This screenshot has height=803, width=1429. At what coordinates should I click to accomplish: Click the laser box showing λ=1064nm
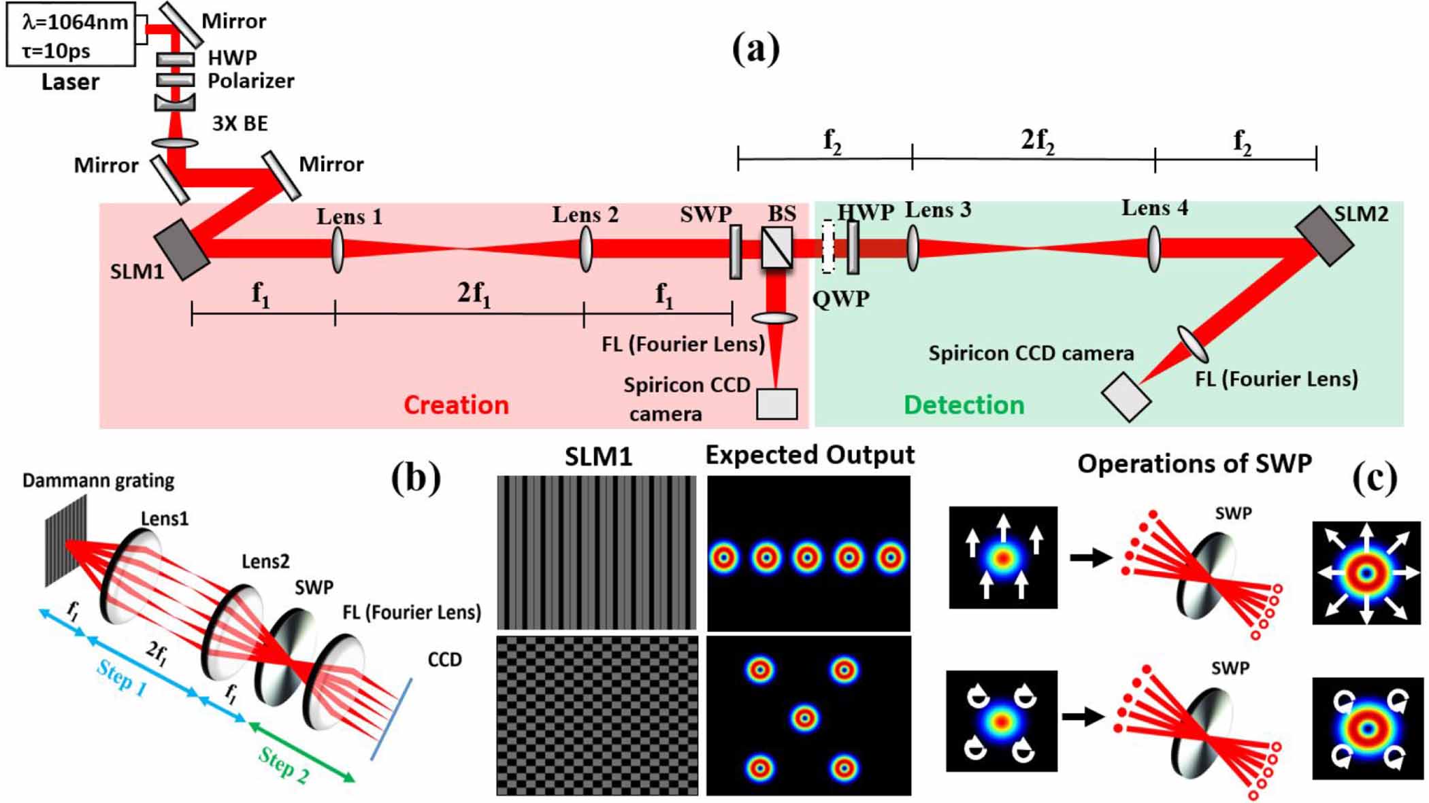coord(71,35)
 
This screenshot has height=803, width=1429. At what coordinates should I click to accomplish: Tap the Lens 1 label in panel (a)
coord(349,217)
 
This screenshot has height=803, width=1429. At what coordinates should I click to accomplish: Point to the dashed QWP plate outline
coord(827,247)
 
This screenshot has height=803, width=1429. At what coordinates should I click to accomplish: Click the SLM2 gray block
coord(1324,235)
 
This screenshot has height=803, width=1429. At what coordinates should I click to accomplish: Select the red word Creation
coord(456,405)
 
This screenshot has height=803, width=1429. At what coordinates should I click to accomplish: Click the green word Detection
coord(964,405)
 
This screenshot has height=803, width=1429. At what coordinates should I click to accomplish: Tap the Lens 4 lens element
coord(1154,249)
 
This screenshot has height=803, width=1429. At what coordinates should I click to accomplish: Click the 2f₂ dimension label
coord(1037,140)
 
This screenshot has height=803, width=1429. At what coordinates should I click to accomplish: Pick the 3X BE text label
coord(240,124)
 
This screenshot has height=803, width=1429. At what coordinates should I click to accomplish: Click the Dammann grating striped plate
coord(66,541)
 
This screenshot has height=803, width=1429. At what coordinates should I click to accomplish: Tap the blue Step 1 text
coord(122,678)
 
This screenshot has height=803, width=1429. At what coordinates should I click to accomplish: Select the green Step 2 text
coord(284,765)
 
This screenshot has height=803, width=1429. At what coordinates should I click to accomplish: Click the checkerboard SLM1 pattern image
coord(597,715)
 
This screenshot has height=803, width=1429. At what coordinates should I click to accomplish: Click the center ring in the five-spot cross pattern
coord(804,717)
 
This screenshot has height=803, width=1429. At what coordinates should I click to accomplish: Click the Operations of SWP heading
coord(1194,464)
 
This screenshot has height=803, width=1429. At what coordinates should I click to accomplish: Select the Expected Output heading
coord(810,454)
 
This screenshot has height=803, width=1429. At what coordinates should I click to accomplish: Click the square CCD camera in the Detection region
coord(1126,396)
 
